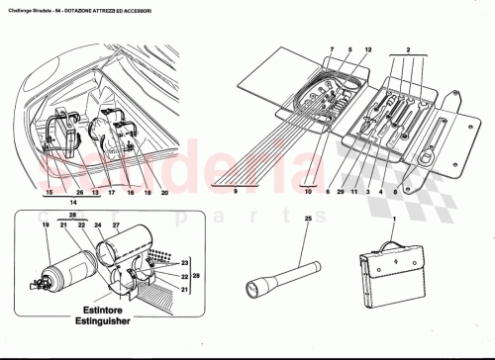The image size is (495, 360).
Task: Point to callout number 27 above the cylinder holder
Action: pyautogui.click(x=116, y=225)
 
